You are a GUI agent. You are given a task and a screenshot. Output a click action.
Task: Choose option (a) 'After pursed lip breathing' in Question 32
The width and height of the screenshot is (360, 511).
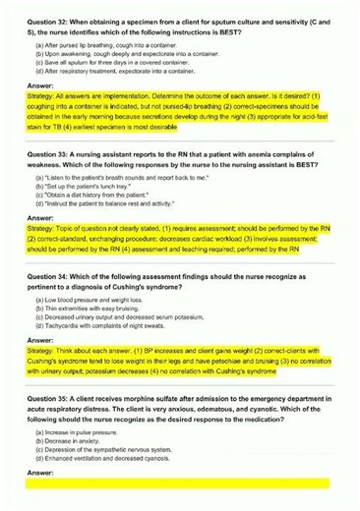(99, 45)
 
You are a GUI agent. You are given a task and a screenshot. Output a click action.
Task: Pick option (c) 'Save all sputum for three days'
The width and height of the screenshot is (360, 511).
(103, 63)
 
